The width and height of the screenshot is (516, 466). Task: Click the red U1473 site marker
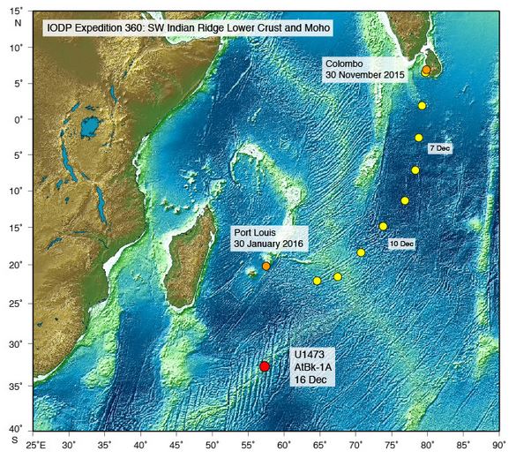coord(265,366)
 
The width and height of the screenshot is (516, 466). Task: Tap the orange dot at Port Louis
coord(266,266)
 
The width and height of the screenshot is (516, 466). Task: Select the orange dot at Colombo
coord(426,70)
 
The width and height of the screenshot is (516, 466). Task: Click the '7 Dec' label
coord(440,149)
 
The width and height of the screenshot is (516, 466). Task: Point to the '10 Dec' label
coord(401,243)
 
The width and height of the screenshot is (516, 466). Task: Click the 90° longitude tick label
coord(498,447)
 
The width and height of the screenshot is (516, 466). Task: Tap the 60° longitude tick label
coord(283,447)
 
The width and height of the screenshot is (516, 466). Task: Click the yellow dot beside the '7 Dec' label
coord(419,138)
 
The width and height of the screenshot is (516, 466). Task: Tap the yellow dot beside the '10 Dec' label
coord(383,227)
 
